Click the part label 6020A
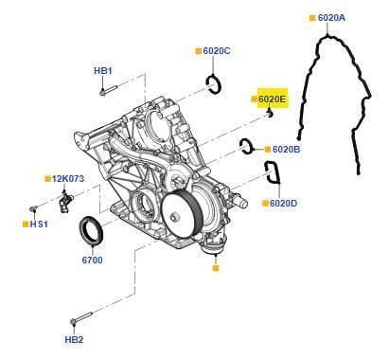click(x=331, y=18)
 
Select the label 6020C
click(x=217, y=51)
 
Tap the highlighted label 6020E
click(x=272, y=99)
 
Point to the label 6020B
click(x=286, y=150)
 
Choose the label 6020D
click(x=283, y=204)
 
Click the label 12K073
click(x=68, y=179)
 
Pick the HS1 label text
click(x=39, y=225)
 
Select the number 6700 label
click(x=92, y=261)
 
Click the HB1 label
click(x=103, y=71)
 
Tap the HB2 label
click(x=74, y=340)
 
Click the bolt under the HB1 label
click(x=108, y=90)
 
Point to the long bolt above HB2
click(x=81, y=317)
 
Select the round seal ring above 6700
click(x=91, y=230)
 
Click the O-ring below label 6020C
click(x=215, y=83)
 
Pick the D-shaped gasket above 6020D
click(x=272, y=172)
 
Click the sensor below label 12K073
click(x=64, y=202)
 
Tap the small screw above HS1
click(x=33, y=208)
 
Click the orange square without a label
click(x=216, y=268)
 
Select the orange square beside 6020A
click(x=312, y=18)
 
